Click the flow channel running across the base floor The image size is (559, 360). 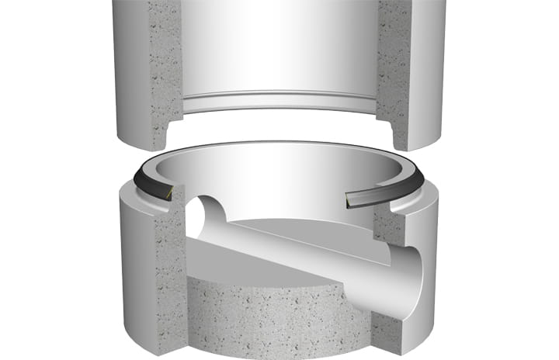(311, 252)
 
